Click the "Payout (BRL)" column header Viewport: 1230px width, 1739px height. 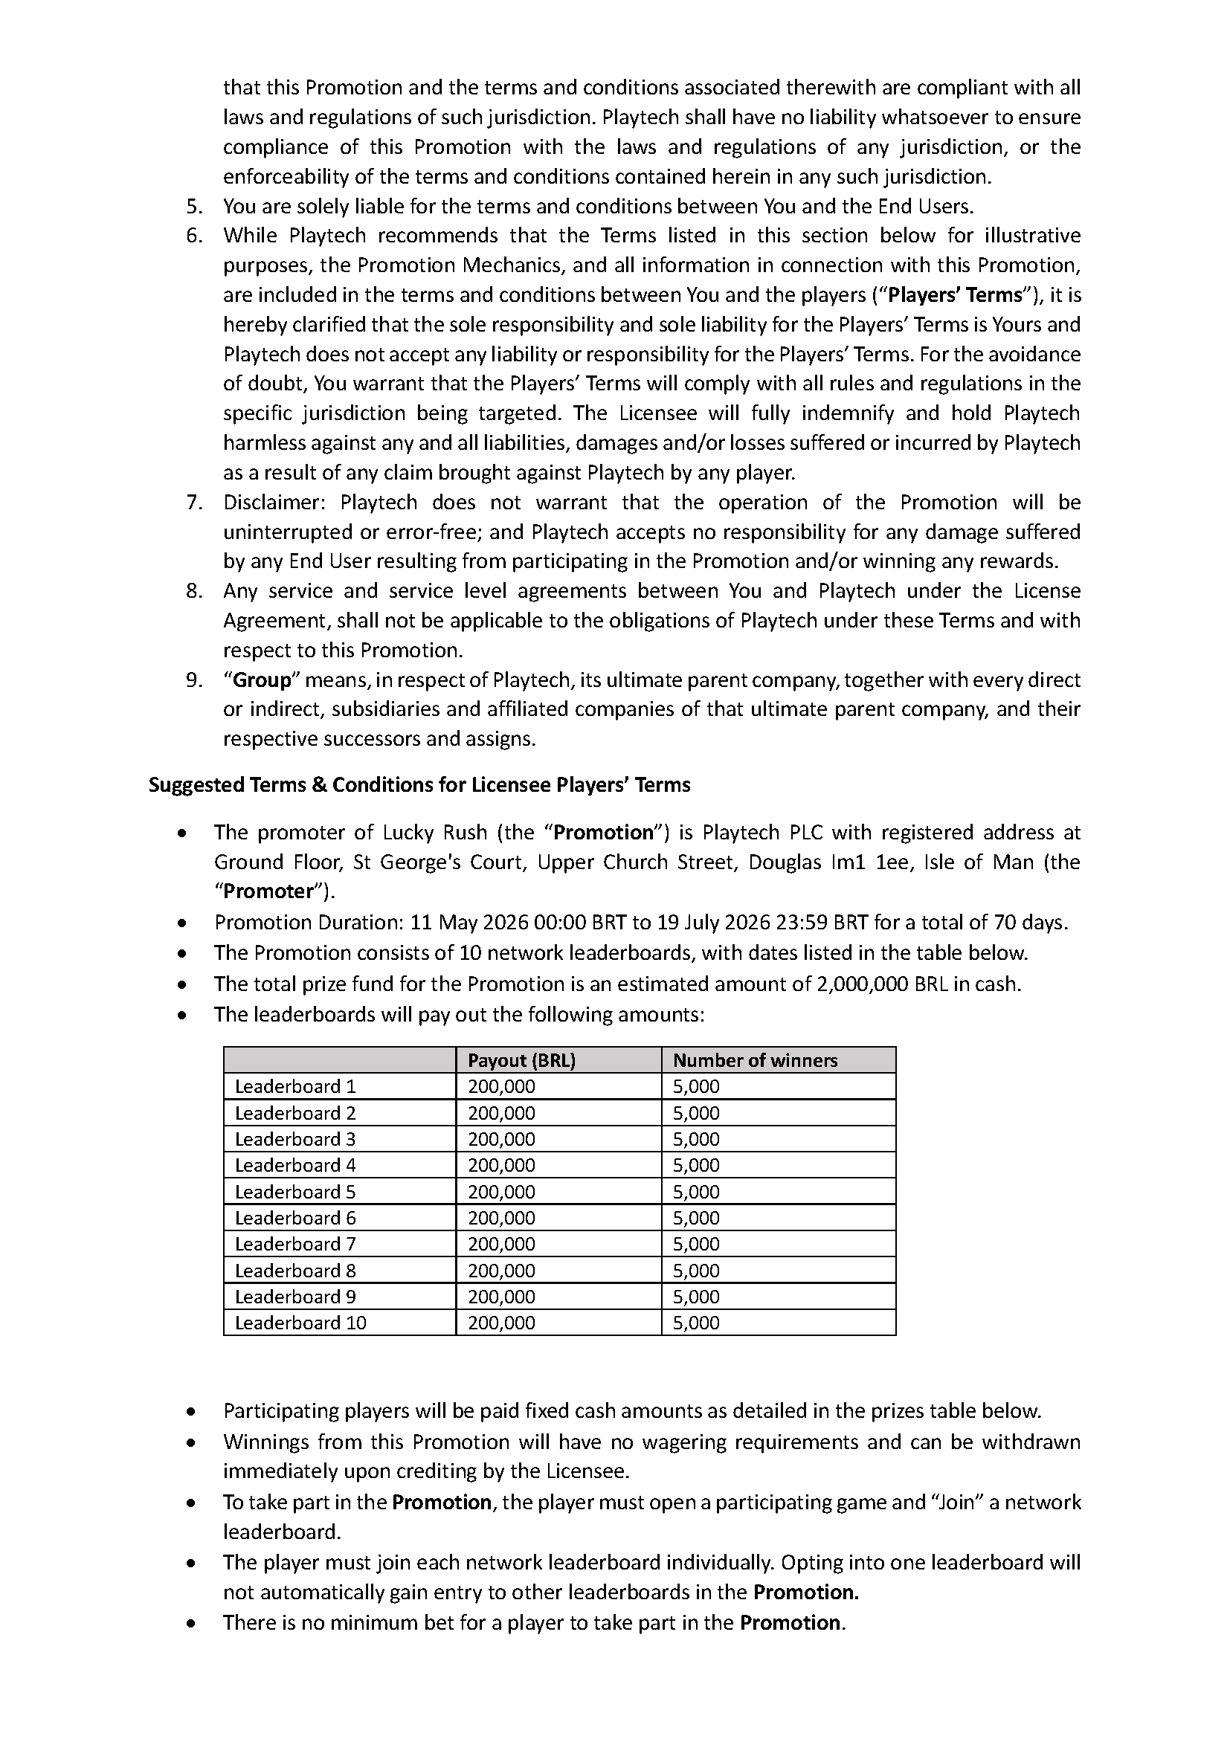click(x=521, y=1060)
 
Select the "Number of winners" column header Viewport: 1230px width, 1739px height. click(x=754, y=1060)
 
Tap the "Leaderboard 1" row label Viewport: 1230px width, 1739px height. click(x=294, y=1086)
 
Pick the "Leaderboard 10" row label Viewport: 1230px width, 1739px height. click(x=300, y=1323)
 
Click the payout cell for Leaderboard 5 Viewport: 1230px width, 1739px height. click(x=501, y=1191)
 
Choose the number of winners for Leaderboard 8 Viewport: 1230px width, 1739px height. click(x=696, y=1270)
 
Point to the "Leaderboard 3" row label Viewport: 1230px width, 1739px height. click(x=294, y=1139)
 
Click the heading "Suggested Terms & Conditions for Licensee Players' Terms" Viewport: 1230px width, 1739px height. click(x=419, y=784)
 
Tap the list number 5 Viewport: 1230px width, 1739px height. click(x=194, y=206)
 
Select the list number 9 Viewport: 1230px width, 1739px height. click(x=194, y=680)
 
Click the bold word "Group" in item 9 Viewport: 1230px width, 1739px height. click(x=261, y=680)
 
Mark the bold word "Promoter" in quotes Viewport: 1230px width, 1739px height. click(x=268, y=891)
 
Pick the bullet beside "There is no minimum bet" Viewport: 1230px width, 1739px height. click(x=194, y=1623)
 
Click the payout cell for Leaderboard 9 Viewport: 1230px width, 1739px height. click(x=501, y=1297)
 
